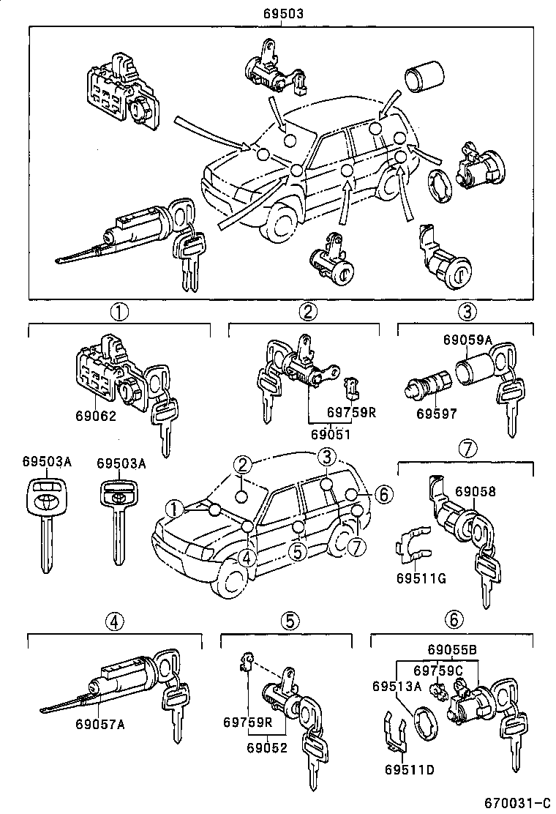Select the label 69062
click(x=96, y=415)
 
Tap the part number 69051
click(x=331, y=434)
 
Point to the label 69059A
click(x=467, y=339)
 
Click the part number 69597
click(x=437, y=414)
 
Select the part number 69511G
click(x=421, y=579)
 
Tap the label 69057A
click(x=100, y=725)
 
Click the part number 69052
click(x=266, y=747)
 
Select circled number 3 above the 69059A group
click(x=467, y=311)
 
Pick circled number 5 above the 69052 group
click(x=289, y=621)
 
